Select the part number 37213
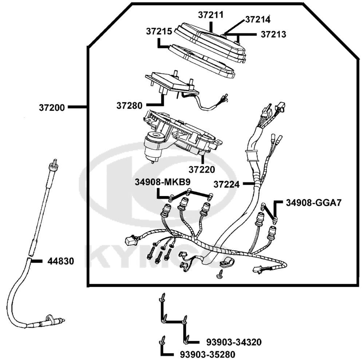(x=273, y=35)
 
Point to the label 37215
(x=159, y=31)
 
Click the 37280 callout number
(x=129, y=106)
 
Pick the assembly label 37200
(x=52, y=107)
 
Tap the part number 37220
(x=201, y=169)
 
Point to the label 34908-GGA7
(x=313, y=203)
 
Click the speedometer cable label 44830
(x=61, y=261)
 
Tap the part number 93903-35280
(x=207, y=354)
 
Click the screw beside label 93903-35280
(x=162, y=341)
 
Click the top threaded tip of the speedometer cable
(x=55, y=163)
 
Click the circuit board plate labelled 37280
(x=171, y=82)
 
